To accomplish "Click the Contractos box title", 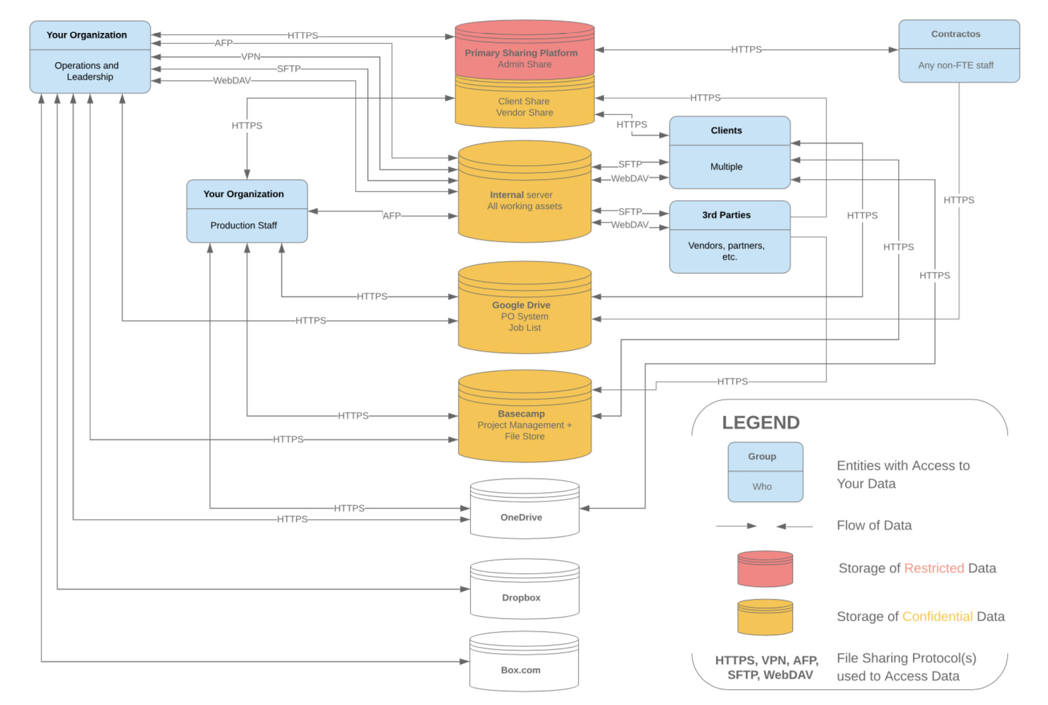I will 955,34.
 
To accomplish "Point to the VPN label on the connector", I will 250,57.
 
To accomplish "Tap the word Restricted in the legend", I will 933,568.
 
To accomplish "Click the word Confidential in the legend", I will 937,616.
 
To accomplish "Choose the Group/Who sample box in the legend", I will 765,472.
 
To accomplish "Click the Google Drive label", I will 521,305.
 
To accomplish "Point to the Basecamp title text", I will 521,414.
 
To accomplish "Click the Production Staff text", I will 243,225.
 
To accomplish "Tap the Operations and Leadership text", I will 87,71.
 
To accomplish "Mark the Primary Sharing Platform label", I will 521,53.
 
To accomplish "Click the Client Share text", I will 523,101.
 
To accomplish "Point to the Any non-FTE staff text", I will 955,65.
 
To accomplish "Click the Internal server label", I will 521,195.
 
